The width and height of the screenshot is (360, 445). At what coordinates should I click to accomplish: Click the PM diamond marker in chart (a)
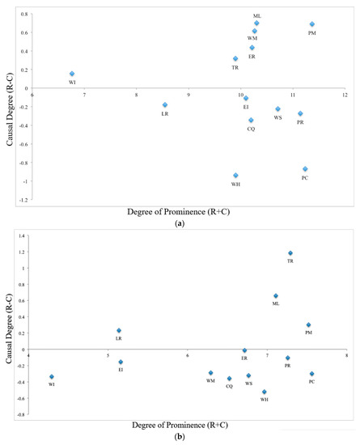coord(312,24)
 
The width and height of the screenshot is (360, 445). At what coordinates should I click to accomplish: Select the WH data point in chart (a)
coord(235,176)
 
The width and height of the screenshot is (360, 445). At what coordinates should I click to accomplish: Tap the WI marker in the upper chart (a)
coord(72,74)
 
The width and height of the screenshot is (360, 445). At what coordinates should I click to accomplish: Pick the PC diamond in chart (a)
coord(305,169)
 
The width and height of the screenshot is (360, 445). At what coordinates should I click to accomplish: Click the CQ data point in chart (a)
coord(251,121)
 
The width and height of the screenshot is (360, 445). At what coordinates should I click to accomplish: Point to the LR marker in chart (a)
coord(165,105)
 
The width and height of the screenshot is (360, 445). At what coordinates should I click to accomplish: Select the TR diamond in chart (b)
coord(290,253)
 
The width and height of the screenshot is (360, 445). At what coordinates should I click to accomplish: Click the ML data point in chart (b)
coord(276,296)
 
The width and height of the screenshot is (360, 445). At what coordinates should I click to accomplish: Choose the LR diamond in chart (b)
coord(119,330)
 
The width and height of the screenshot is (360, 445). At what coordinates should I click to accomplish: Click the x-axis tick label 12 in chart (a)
coord(345,95)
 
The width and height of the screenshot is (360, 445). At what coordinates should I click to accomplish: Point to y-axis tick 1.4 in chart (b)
coord(23,235)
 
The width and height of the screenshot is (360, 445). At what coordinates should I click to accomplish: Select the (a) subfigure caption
coord(180,222)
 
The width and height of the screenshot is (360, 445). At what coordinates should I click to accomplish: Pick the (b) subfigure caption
coord(180,436)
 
